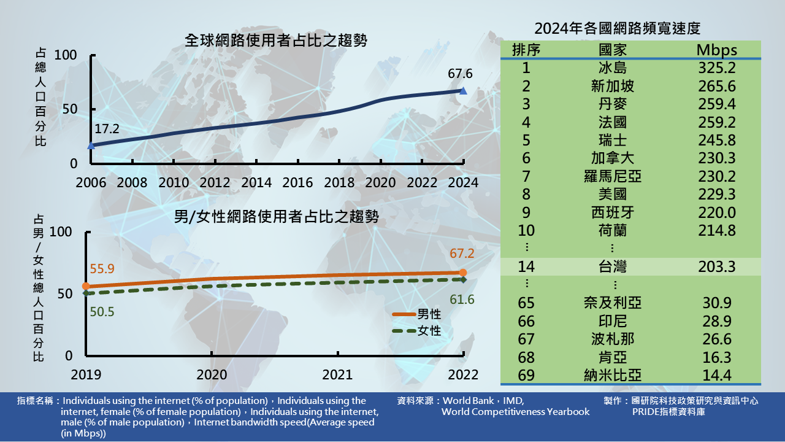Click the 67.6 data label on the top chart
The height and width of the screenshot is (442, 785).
point(460,74)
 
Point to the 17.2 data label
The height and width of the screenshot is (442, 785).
point(107,129)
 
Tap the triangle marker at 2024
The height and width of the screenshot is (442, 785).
point(463,91)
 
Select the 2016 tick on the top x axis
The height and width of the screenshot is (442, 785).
point(297,183)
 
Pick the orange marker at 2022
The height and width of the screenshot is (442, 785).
point(463,273)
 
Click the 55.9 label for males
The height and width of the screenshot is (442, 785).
point(102,269)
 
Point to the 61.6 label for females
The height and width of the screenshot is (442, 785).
point(462,300)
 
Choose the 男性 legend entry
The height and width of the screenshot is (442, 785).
point(429,314)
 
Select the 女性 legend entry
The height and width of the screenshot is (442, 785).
point(429,331)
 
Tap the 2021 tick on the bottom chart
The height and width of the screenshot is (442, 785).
point(337,374)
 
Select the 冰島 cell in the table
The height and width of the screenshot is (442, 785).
point(612,68)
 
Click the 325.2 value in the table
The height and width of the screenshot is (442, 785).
point(716,68)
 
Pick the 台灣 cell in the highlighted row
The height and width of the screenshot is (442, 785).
point(612,267)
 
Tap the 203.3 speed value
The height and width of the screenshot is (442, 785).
point(716,267)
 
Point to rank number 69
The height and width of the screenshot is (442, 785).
point(526,375)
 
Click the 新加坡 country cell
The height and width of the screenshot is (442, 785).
point(612,86)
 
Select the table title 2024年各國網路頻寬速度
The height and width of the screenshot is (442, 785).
point(617,28)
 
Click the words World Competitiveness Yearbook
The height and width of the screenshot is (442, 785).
point(515,412)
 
